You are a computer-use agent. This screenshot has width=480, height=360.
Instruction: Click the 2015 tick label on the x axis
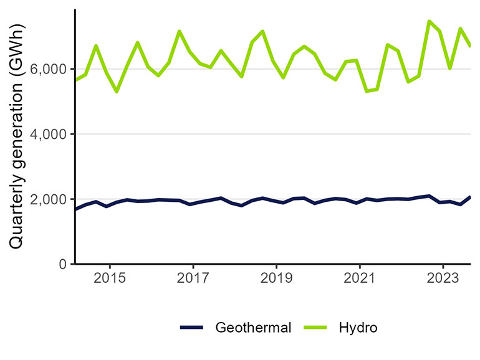pyautogui.click(x=110, y=277)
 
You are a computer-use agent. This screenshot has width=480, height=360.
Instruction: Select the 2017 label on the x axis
pyautogui.click(x=193, y=277)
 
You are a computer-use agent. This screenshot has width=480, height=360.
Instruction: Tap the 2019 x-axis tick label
pyautogui.click(x=276, y=277)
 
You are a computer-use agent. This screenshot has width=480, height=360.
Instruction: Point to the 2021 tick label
pyautogui.click(x=360, y=277)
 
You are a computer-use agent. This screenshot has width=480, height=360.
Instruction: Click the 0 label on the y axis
pyautogui.click(x=62, y=264)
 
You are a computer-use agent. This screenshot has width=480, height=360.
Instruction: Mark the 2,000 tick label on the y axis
pyautogui.click(x=51, y=199)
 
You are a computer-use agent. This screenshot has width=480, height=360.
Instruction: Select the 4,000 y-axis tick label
pyautogui.click(x=51, y=134)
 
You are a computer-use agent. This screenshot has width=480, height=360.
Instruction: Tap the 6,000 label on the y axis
pyautogui.click(x=51, y=69)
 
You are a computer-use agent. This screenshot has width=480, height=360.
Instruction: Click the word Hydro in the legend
pyautogui.click(x=358, y=328)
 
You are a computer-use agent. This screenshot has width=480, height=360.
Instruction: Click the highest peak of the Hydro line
pyautogui.click(x=429, y=21)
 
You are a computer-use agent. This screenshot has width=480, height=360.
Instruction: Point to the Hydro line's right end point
pyautogui.click(x=469, y=45)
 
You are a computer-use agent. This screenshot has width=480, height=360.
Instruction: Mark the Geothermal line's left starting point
pyautogui.click(x=75, y=209)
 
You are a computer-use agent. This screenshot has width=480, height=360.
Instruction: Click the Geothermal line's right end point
pyautogui.click(x=469, y=197)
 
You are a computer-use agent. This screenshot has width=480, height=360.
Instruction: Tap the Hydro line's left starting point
pyautogui.click(x=75, y=80)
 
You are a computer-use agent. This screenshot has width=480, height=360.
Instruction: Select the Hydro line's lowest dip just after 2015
pyautogui.click(x=117, y=92)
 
